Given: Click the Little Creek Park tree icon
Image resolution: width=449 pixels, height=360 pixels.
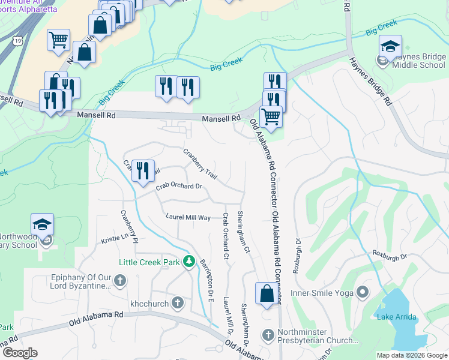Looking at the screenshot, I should tap(189, 262).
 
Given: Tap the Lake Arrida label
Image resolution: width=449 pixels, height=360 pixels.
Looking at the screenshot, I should tap(396, 317).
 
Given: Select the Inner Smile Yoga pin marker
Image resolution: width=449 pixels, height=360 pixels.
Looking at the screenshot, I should tap(361, 292).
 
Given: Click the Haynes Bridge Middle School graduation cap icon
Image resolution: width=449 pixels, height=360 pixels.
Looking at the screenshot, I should tap(390, 47).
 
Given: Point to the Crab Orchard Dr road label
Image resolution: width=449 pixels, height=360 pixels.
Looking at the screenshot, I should tap(179, 187).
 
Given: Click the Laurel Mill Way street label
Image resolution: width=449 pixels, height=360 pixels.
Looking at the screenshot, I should tap(188, 217).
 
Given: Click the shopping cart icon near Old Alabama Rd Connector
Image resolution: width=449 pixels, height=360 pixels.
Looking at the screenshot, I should tap(271, 116).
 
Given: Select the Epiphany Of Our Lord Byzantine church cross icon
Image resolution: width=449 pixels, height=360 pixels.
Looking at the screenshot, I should tap(119, 280).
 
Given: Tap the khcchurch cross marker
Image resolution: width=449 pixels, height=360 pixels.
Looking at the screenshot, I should tap(178, 303).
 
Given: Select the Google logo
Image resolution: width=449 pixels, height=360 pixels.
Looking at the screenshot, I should tap(19, 353).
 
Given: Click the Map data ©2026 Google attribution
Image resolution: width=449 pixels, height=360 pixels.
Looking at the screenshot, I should tap(411, 355).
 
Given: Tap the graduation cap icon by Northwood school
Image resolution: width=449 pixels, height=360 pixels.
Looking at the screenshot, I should tap(43, 224).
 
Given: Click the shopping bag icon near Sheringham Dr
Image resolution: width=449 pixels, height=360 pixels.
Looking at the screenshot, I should tap(267, 294).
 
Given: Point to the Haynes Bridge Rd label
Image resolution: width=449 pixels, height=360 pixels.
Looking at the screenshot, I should tap(379, 80).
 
